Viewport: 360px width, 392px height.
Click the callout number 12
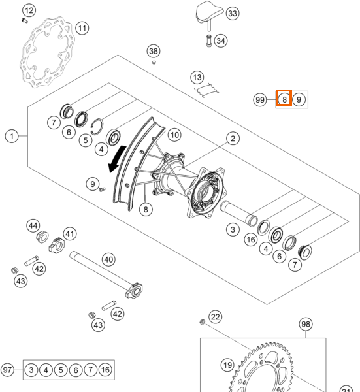29,10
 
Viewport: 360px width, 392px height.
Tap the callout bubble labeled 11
82,28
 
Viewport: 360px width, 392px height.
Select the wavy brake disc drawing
48,52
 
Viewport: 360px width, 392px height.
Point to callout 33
233,13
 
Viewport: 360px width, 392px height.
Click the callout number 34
221,41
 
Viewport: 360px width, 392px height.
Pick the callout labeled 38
154,51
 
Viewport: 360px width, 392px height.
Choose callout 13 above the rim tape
197,78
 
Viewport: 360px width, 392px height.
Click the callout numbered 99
260,100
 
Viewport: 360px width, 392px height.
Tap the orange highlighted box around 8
284,97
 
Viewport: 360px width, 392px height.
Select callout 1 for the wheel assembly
12,137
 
